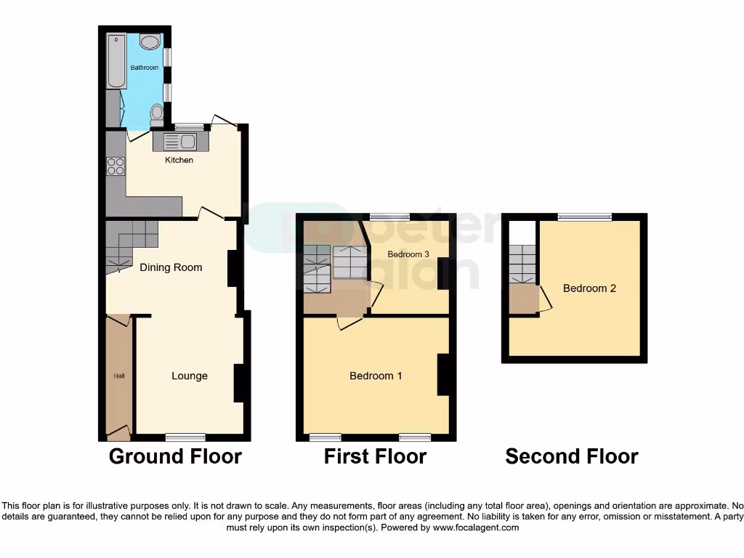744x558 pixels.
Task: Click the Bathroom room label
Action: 144,68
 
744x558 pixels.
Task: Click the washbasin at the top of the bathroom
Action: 150,41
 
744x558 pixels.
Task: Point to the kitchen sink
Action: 180,141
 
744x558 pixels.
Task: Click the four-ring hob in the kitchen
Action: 116,166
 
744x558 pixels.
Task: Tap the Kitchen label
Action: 179,160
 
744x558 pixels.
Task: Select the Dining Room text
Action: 171,267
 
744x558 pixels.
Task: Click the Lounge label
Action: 190,376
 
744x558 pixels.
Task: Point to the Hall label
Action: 118,376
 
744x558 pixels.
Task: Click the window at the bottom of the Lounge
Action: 185,437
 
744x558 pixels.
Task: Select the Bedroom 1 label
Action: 376,376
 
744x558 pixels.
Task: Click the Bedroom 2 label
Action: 589,288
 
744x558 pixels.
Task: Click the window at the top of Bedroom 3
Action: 389,217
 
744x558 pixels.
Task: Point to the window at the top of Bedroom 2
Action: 585,217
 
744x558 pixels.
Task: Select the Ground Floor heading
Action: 175,456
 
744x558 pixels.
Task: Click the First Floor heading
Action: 375,456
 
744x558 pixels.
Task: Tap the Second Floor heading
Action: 572,456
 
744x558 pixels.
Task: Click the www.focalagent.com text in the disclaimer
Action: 476,527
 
